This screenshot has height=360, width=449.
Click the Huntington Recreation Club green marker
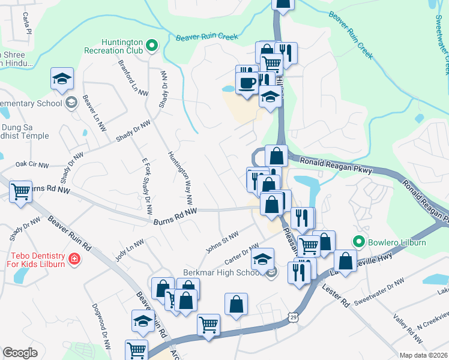(x=152, y=44)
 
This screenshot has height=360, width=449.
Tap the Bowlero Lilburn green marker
(x=360, y=242)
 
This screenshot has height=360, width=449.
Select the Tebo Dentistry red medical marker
(x=74, y=259)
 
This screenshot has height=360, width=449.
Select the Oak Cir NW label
(x=32, y=163)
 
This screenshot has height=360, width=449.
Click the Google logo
(x=20, y=353)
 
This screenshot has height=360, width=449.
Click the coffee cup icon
(x=246, y=82)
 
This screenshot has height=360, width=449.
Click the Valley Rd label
(x=400, y=325)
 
